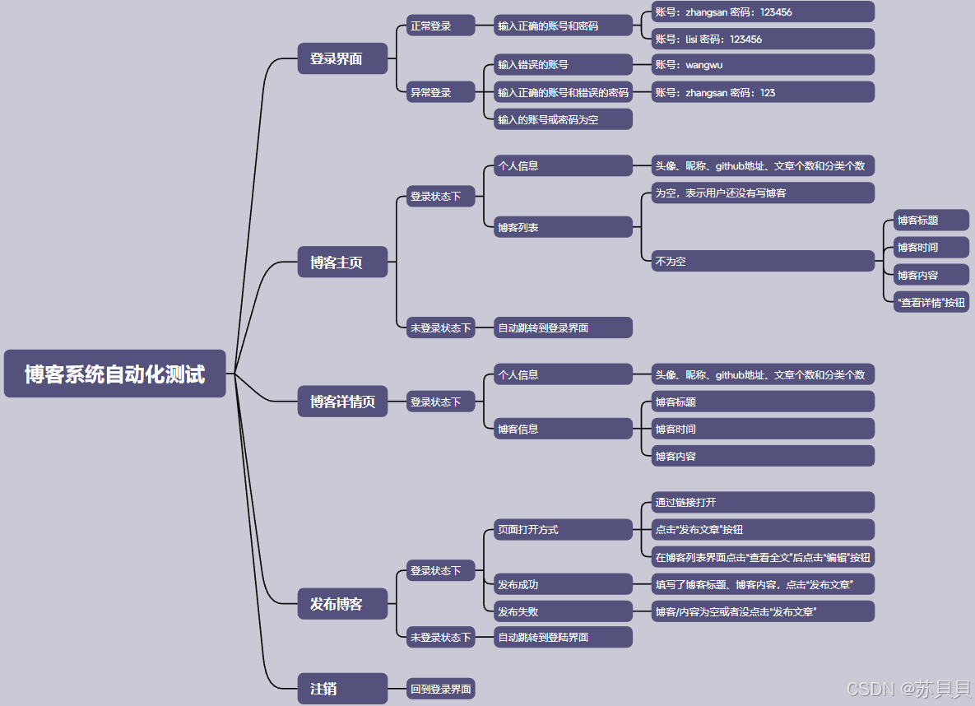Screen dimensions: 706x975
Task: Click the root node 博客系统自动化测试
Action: coord(114,374)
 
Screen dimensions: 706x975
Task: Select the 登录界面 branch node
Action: coord(342,58)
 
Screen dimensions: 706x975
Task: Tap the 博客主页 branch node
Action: coord(342,262)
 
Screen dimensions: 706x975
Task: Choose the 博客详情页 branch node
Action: coord(342,402)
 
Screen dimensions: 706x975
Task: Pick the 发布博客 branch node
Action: coord(342,603)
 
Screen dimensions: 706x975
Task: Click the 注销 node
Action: coord(342,689)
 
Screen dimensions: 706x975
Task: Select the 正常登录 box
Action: coord(441,26)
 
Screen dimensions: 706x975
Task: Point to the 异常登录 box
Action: coord(441,92)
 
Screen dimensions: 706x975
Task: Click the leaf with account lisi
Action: coord(762,39)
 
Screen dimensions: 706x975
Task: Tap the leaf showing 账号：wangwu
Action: coord(762,65)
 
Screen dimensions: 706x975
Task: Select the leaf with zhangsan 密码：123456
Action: coord(762,12)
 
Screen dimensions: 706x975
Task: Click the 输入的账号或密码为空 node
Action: coord(563,119)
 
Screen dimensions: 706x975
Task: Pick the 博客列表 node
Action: coord(563,227)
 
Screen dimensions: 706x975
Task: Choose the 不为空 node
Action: coord(762,261)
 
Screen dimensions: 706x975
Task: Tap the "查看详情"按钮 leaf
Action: coord(931,302)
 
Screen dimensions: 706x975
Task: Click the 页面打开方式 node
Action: coord(563,529)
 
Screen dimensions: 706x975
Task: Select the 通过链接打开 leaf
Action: coord(762,502)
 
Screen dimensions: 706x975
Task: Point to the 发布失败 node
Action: coord(563,611)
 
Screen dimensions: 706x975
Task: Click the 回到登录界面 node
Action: coord(441,689)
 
